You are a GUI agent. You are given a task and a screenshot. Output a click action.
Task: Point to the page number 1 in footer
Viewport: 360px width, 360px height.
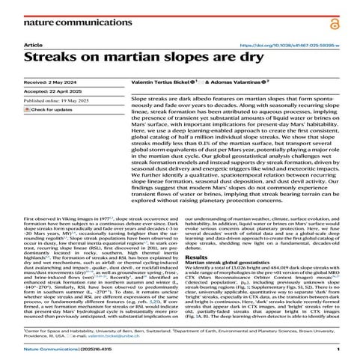coord(338,349)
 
